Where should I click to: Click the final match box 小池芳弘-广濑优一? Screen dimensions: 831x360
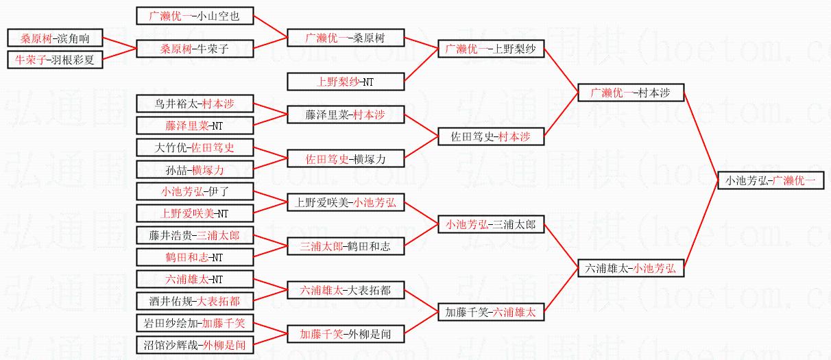(x=771, y=180)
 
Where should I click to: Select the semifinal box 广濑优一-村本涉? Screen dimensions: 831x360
(x=630, y=93)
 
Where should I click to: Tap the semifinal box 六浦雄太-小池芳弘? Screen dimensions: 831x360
(x=630, y=268)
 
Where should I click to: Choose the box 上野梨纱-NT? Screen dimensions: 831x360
(x=345, y=82)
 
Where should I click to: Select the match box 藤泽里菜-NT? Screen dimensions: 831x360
(x=195, y=125)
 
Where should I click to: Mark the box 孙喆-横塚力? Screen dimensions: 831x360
(x=195, y=169)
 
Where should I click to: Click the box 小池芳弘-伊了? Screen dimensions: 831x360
(x=195, y=191)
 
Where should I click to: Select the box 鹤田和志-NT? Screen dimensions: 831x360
(x=195, y=257)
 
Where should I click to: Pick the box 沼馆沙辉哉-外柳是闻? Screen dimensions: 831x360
(x=195, y=345)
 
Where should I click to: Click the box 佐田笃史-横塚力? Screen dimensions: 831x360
(x=345, y=158)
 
